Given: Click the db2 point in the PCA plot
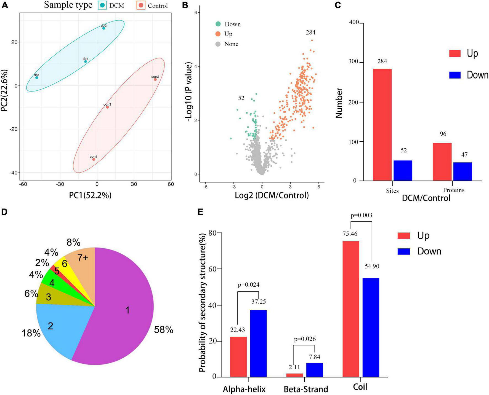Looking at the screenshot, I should coord(103,28).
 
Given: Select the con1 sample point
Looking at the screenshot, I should coord(94,159).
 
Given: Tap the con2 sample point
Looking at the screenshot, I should coord(155,79).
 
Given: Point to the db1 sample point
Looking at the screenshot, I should coord(37,78).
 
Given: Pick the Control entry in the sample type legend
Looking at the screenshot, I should coord(153,6).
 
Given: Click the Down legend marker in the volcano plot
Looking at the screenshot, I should coord(218,24).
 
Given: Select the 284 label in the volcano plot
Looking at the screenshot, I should coord(310,33).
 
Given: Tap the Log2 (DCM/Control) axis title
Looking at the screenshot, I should coord(272,195).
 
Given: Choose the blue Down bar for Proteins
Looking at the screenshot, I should coord(463,171).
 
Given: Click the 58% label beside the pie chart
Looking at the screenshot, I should coord(164,329).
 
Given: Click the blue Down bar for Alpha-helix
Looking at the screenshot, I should coord(259,343).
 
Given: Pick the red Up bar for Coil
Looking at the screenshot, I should coord(351,309).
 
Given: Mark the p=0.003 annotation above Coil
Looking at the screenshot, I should coord(361,215).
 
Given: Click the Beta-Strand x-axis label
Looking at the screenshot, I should coord(306,389).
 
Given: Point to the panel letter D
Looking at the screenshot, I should coord(4,212).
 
